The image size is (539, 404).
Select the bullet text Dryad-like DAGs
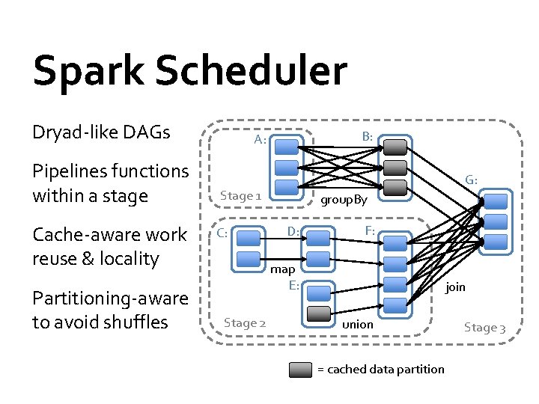click(101, 132)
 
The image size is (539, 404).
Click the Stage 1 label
click(240, 195)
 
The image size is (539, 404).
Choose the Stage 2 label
click(245, 322)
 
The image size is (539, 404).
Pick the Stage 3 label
click(484, 327)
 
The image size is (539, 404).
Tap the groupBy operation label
click(344, 200)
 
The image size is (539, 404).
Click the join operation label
click(455, 287)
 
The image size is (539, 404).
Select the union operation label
click(357, 324)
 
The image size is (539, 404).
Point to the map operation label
click(283, 269)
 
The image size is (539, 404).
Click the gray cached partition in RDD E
click(319, 313)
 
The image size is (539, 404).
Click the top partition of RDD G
click(496, 201)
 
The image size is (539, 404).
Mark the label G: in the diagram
click(471, 180)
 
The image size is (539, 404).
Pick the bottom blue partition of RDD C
click(247, 260)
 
